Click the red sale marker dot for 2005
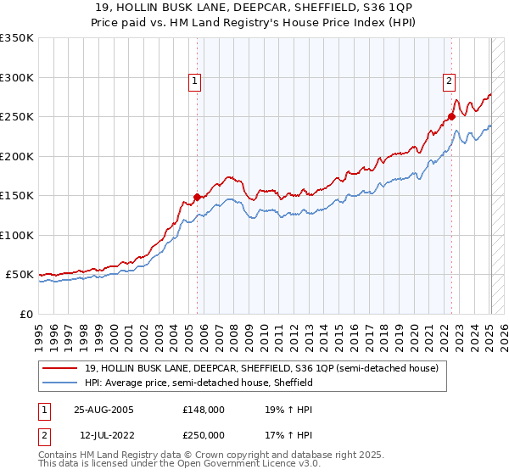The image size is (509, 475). coord(198,197)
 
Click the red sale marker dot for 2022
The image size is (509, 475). coord(451,117)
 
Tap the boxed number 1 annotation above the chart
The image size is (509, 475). coord(194,81)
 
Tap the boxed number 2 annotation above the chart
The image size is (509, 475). coord(448,81)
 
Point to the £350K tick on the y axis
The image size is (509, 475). coord(17,38)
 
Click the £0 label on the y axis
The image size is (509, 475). coord(25,314)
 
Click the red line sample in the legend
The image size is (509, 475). coord(61,368)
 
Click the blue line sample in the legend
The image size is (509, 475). coord(61,383)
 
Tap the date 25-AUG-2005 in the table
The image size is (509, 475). coord(103,409)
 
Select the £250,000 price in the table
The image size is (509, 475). coord(204,435)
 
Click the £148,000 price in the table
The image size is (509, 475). coord(204,409)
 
